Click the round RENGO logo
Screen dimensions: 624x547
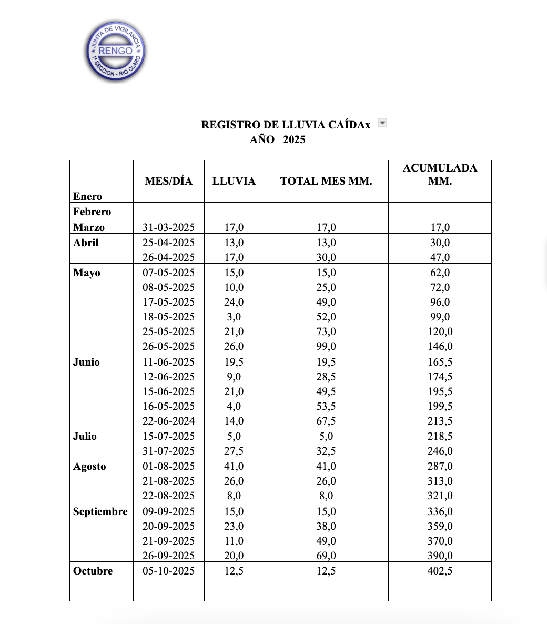(x=116, y=52)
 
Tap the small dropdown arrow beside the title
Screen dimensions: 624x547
(x=383, y=123)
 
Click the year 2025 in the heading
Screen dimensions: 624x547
(x=294, y=139)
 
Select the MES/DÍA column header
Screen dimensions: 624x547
(x=169, y=181)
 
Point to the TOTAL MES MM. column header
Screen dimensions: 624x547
(x=326, y=181)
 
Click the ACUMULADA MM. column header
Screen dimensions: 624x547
(x=440, y=174)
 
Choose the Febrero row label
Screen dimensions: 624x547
(x=92, y=212)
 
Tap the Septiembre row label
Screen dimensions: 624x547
(x=100, y=511)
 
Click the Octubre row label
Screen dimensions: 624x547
(x=93, y=571)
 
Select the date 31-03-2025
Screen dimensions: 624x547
(x=169, y=227)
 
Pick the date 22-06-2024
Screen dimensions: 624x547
(x=169, y=421)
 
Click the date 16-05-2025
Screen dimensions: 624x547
(x=169, y=406)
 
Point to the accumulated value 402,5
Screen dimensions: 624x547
(x=440, y=571)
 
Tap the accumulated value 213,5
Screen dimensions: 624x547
(x=440, y=421)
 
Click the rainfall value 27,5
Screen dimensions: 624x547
(x=234, y=451)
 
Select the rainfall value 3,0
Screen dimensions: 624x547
(x=234, y=317)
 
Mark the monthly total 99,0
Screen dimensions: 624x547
(x=326, y=346)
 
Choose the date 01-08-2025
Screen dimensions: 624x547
(x=169, y=466)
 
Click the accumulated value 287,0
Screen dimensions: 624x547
(x=440, y=466)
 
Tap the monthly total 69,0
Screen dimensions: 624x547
(x=326, y=556)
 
